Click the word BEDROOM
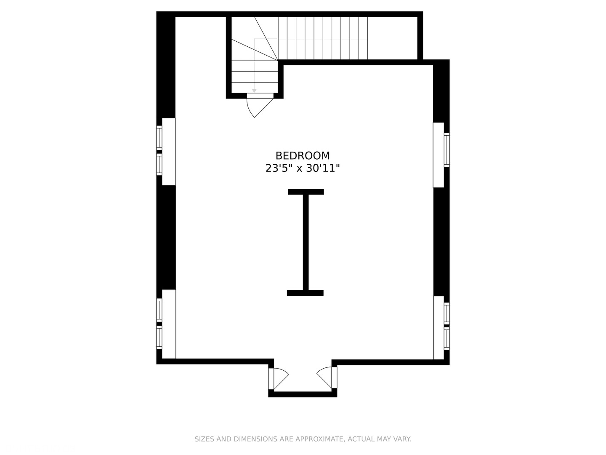click(x=303, y=156)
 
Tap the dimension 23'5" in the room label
click(x=278, y=169)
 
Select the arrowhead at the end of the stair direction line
click(x=254, y=91)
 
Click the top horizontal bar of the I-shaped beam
click(x=306, y=192)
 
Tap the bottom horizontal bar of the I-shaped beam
click(x=305, y=293)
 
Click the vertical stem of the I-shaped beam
click(x=306, y=242)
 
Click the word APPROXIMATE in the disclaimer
click(x=319, y=439)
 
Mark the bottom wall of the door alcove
click(x=303, y=394)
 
